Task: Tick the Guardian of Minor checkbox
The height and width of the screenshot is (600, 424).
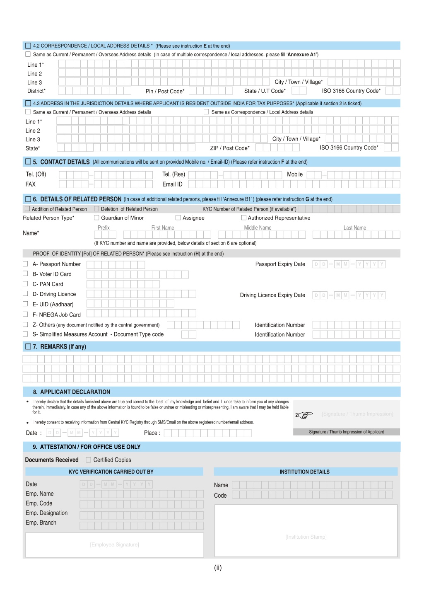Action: (x=96, y=218)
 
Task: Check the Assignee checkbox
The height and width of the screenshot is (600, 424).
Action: (x=178, y=218)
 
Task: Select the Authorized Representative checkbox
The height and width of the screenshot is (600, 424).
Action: (x=244, y=218)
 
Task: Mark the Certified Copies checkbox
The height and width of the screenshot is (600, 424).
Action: (x=88, y=460)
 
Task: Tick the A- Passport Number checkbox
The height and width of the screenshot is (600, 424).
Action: (x=25, y=264)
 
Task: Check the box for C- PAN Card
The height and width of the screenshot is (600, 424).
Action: (x=25, y=284)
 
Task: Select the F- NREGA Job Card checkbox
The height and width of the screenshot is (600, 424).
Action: (x=25, y=315)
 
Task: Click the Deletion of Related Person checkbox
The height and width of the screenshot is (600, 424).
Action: (x=96, y=209)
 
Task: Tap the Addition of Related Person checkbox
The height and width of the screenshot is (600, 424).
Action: (x=28, y=209)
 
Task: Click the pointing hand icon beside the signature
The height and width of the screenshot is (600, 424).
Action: (x=305, y=415)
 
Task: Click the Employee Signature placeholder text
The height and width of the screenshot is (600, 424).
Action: (x=114, y=544)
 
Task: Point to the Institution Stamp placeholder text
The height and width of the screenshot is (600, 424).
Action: (x=306, y=537)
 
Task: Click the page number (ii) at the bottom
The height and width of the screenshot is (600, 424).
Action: (x=218, y=568)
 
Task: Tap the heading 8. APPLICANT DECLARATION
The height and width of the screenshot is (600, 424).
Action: (x=75, y=392)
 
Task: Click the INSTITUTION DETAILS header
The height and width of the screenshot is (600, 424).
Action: (x=304, y=472)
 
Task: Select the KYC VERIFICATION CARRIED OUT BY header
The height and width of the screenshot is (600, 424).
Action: (x=111, y=472)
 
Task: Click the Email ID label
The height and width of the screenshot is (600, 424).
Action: (x=172, y=184)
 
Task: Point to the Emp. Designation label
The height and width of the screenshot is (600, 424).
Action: (x=46, y=513)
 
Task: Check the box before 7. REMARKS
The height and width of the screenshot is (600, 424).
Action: (x=28, y=346)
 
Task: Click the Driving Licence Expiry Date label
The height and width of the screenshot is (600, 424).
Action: (x=272, y=295)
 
